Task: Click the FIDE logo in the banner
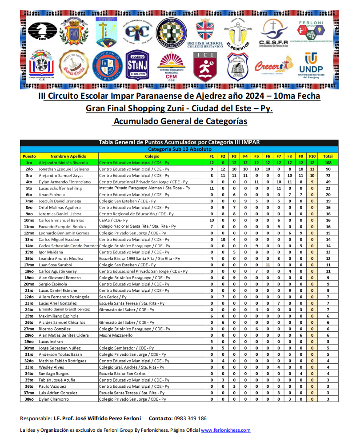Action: (x=42, y=32)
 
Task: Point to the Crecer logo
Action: (x=280, y=66)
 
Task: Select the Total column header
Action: (x=328, y=157)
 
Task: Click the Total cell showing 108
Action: (x=328, y=163)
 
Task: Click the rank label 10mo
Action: (x=29, y=220)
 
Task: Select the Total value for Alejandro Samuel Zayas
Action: (x=328, y=176)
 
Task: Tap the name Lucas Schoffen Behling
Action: (x=60, y=188)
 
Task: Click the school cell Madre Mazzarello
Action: (x=116, y=335)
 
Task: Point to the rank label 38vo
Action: (x=29, y=399)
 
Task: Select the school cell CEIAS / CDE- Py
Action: (x=113, y=220)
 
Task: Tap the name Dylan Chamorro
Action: (x=54, y=399)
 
